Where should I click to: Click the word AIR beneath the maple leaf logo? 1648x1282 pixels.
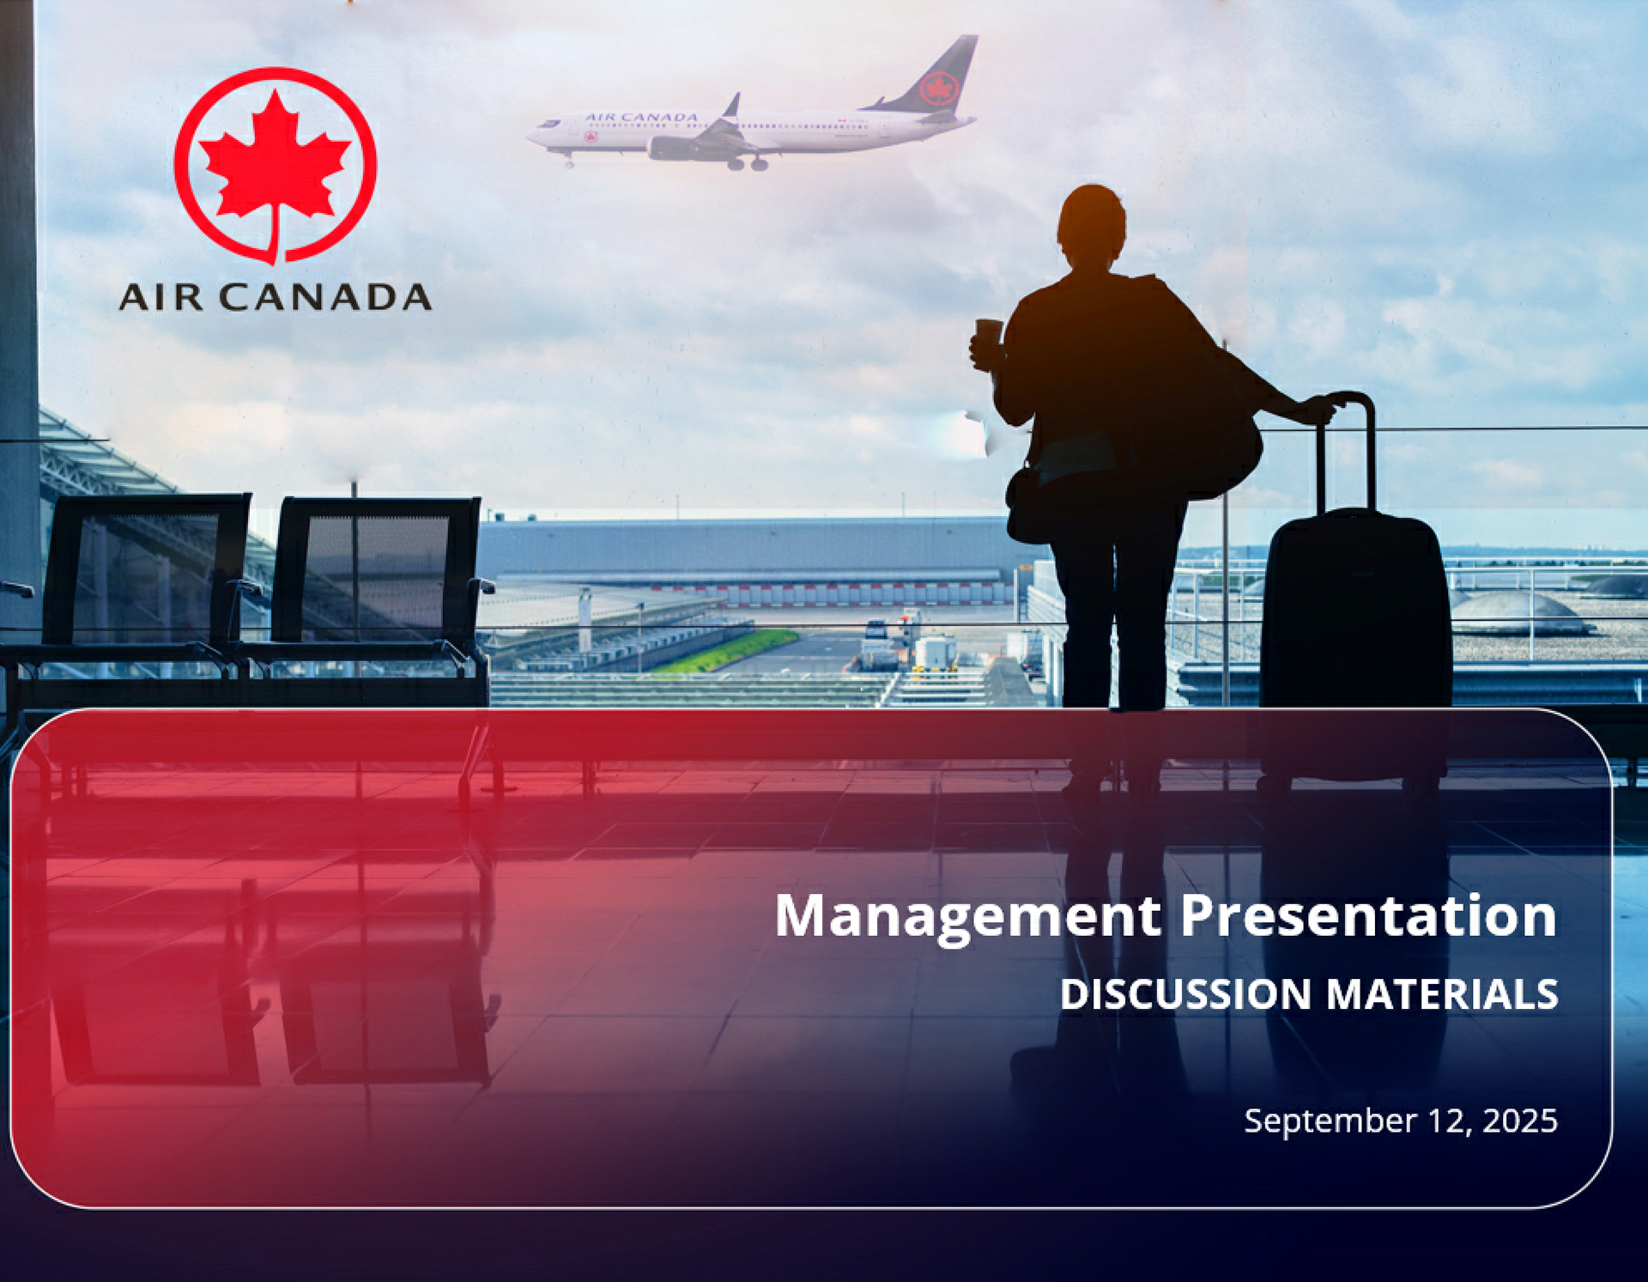coord(161,297)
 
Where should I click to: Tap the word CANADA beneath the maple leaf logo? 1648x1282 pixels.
coord(324,297)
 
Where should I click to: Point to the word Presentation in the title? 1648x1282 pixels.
coord(1368,915)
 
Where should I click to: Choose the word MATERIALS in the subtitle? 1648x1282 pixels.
coord(1442,994)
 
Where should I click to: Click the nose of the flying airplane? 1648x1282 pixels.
coord(531,135)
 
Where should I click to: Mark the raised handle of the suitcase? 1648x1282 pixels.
coord(1347,450)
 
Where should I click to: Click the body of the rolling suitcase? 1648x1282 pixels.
coord(1355,610)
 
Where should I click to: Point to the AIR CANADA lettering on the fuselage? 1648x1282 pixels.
coord(641,117)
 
